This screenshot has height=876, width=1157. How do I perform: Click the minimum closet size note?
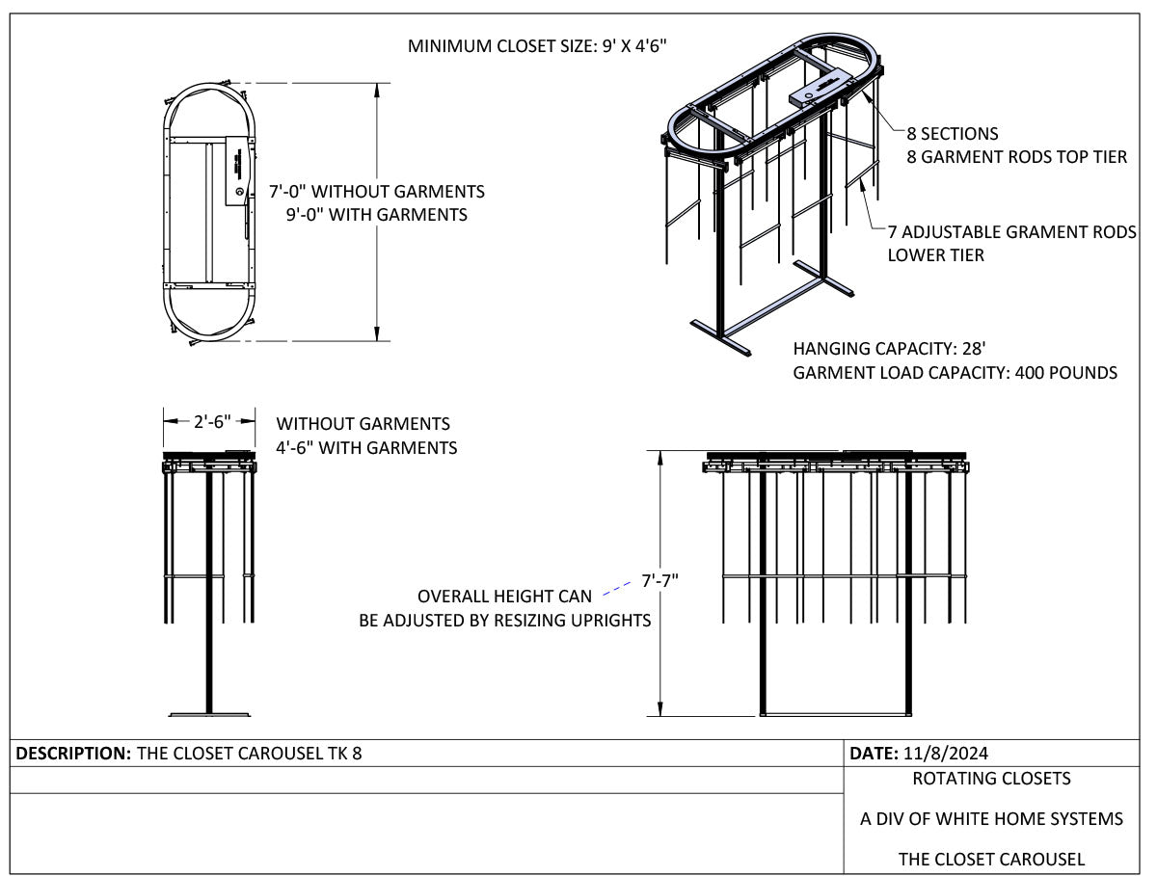pyautogui.click(x=537, y=46)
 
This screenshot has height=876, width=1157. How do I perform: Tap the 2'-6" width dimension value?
pyautogui.click(x=212, y=421)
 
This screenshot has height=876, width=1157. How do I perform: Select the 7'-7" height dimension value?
pyautogui.click(x=659, y=580)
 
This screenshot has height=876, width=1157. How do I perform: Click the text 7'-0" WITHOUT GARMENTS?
pyautogui.click(x=376, y=191)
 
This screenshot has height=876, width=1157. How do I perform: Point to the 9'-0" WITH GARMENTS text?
pyautogui.click(x=376, y=214)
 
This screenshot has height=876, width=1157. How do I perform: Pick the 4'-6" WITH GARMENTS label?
pyautogui.click(x=366, y=448)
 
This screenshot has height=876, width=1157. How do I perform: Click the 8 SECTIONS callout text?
pyautogui.click(x=952, y=134)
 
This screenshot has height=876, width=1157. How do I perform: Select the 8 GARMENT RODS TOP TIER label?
pyautogui.click(x=1016, y=157)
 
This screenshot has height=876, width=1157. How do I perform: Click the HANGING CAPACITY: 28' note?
pyautogui.click(x=889, y=348)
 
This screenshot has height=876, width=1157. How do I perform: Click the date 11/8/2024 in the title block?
pyautogui.click(x=946, y=754)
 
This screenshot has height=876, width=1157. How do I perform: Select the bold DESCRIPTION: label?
pyautogui.click(x=73, y=754)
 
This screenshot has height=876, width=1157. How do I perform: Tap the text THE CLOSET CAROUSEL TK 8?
pyautogui.click(x=250, y=754)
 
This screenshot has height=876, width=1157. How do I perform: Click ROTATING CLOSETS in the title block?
pyautogui.click(x=991, y=779)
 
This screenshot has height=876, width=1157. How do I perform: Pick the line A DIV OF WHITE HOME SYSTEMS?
pyautogui.click(x=991, y=819)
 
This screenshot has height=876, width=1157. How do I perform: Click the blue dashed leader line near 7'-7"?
pyautogui.click(x=616, y=589)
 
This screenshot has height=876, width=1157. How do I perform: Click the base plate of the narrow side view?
pyautogui.click(x=209, y=715)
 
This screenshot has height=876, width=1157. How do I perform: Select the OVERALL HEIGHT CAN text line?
pyautogui.click(x=504, y=597)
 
